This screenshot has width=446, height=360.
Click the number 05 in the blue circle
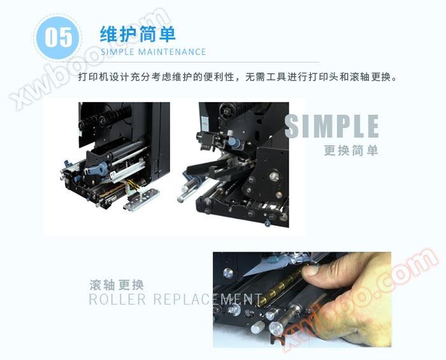click(59, 37)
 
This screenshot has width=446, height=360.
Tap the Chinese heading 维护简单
click(138, 34)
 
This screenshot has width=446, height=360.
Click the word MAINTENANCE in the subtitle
click(172, 52)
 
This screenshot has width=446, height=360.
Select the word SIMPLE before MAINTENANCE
click(117, 52)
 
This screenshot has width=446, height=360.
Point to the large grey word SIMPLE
click(332, 126)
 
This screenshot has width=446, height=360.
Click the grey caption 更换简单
click(351, 150)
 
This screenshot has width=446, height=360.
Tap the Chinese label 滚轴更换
click(117, 285)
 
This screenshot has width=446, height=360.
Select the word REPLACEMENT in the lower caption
click(207, 299)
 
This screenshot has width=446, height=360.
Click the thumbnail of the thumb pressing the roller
click(302, 299)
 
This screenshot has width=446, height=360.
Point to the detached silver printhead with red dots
click(141, 200)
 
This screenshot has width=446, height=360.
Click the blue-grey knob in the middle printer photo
click(233, 142)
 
